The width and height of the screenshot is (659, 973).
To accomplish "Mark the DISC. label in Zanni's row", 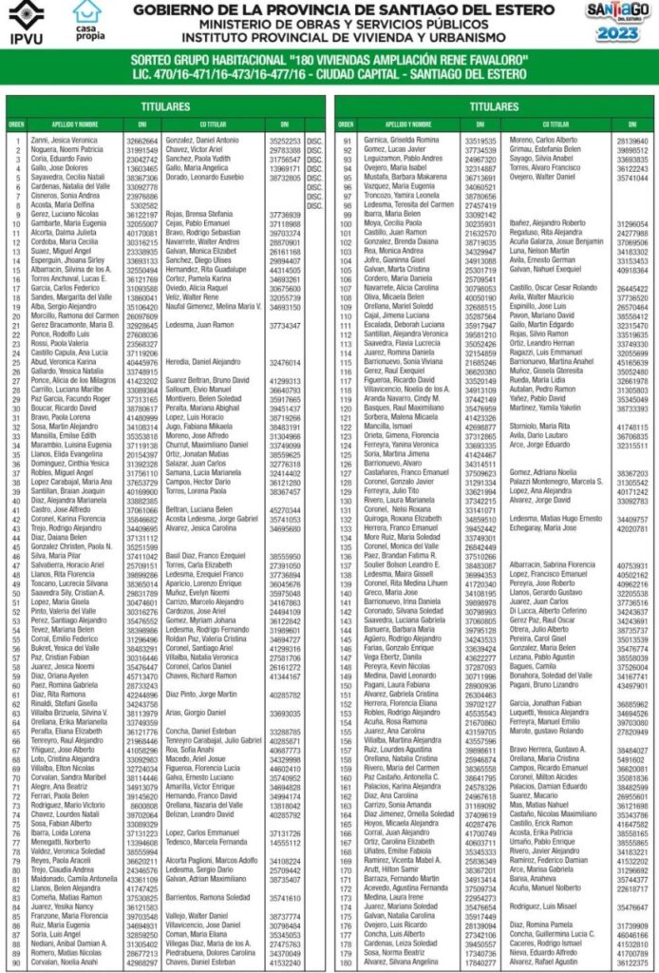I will pos(315,140).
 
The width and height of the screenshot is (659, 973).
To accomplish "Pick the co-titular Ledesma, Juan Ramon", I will pos(203,325).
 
